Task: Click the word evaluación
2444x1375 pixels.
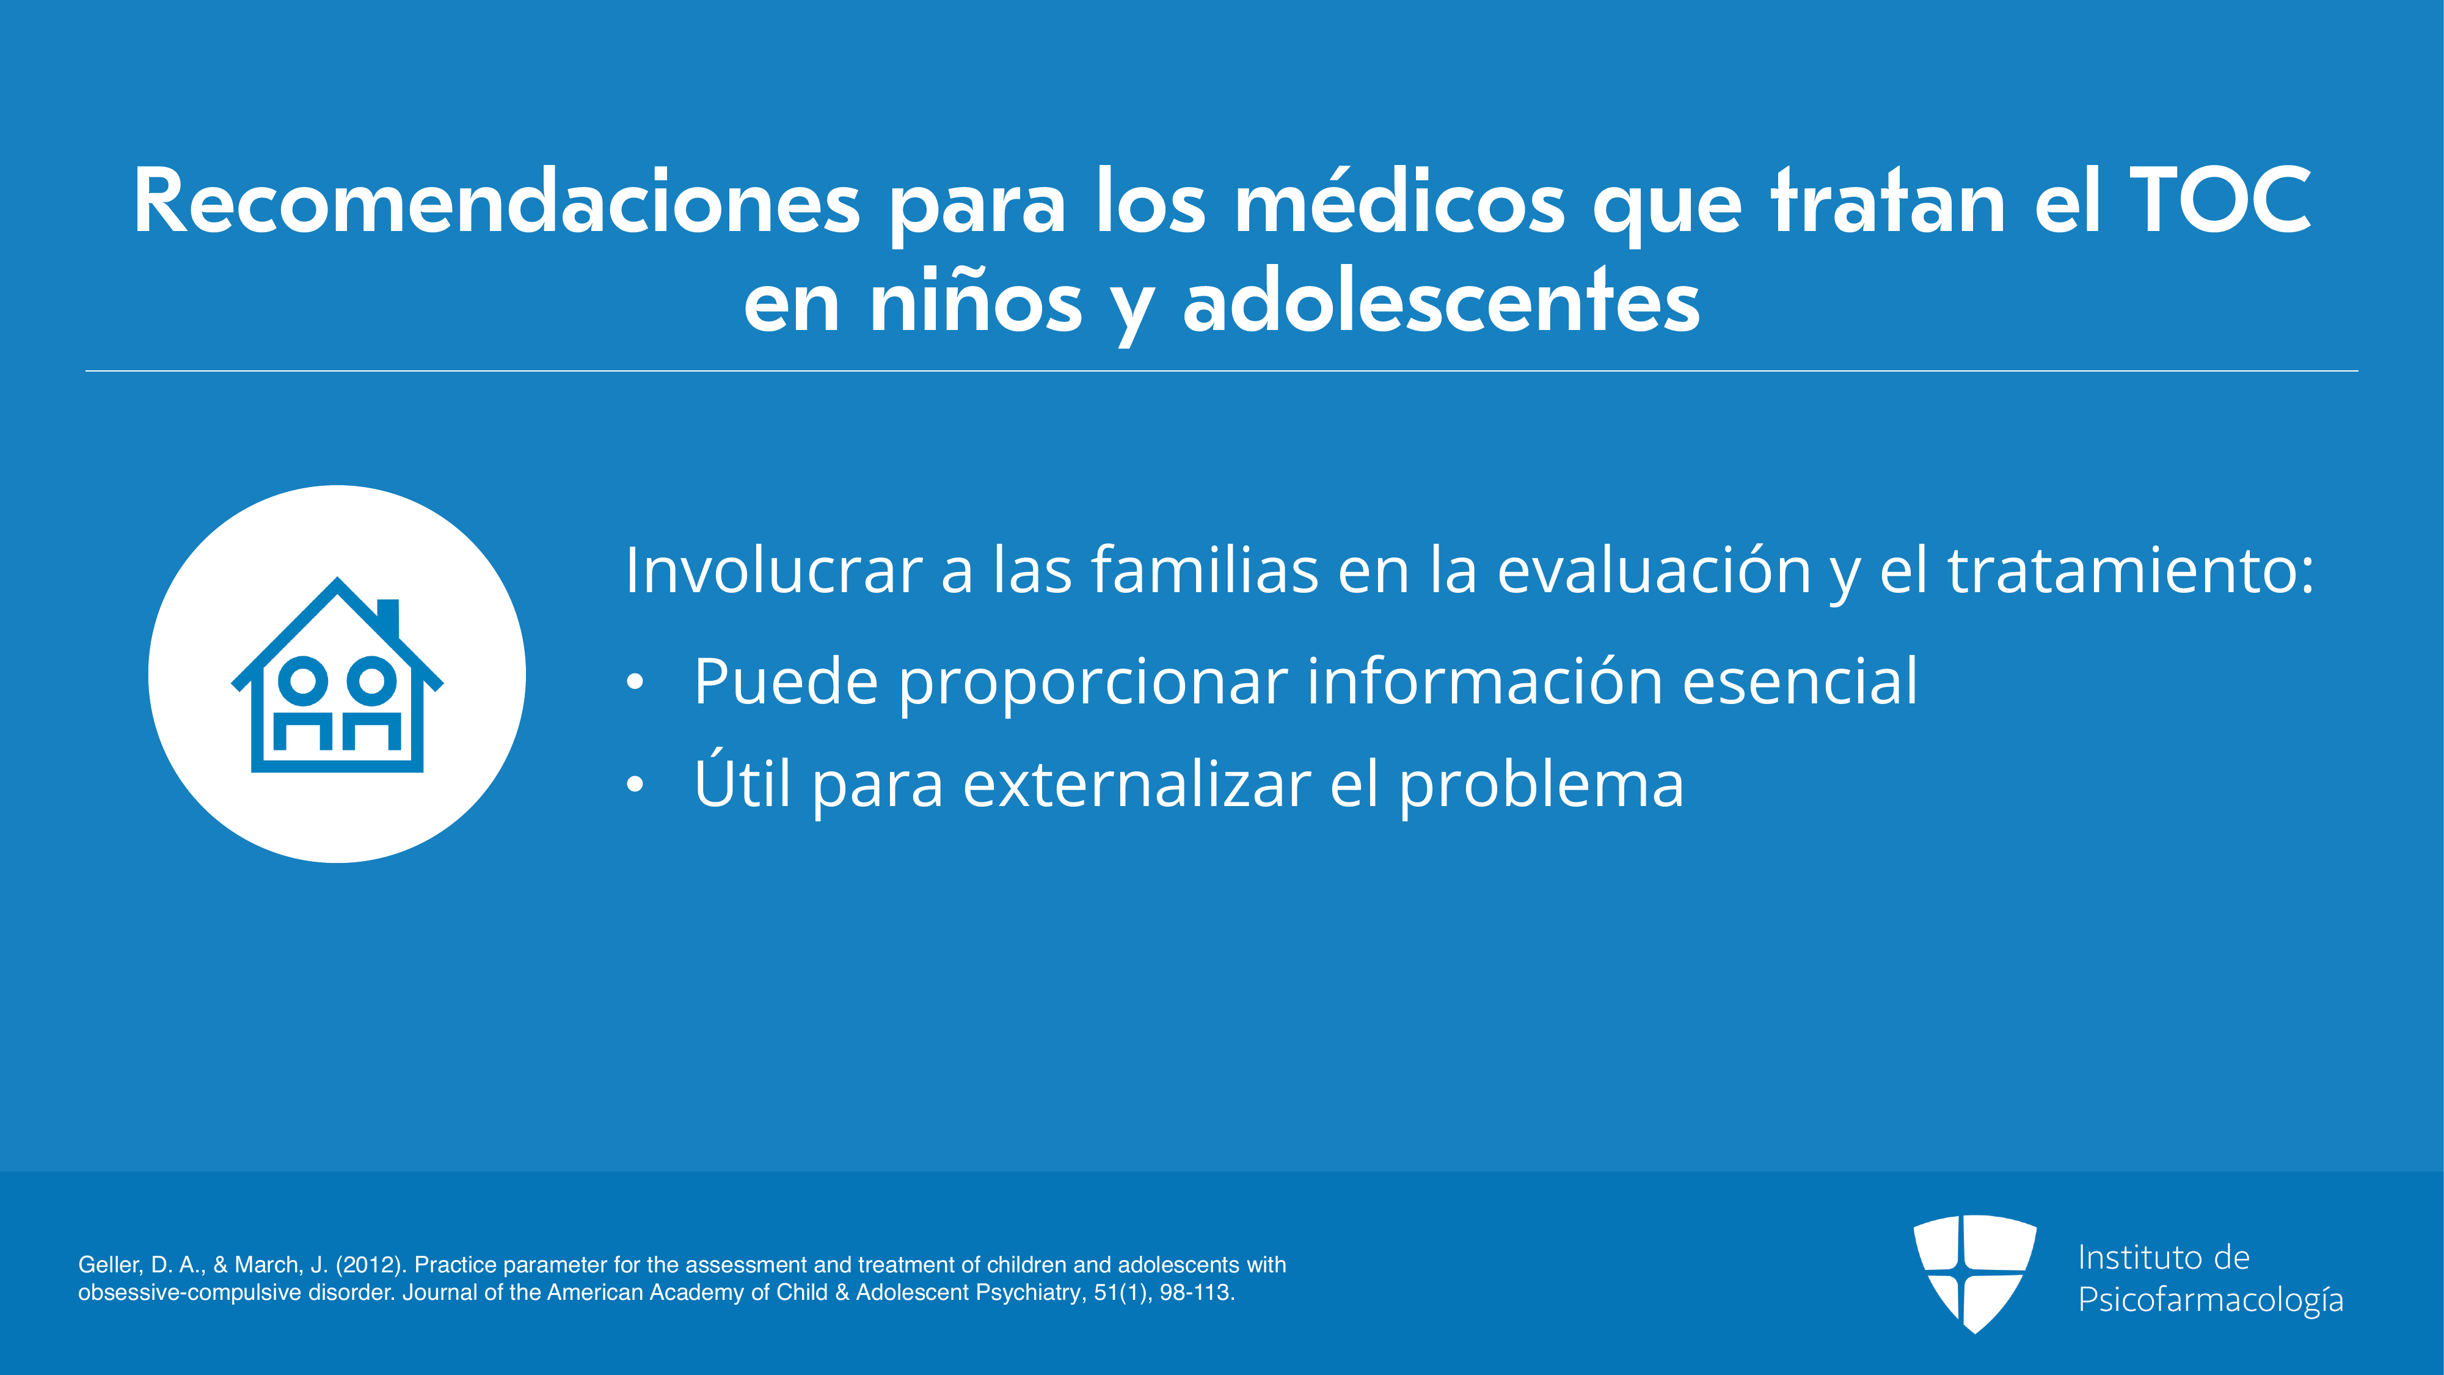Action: (x=1655, y=570)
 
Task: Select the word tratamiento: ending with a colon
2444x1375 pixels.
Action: (x=2130, y=570)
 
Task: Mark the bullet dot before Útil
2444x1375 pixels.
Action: (x=635, y=784)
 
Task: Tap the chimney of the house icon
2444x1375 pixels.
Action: (x=388, y=618)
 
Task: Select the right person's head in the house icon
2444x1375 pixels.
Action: (x=371, y=680)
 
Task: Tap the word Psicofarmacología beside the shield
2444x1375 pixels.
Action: (x=2211, y=1300)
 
